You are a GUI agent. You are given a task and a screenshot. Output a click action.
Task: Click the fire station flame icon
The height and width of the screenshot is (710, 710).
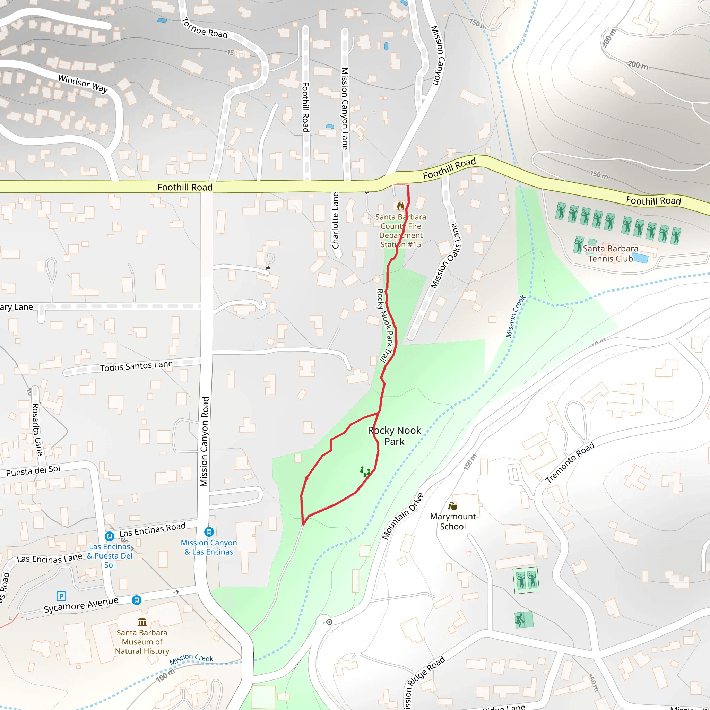click(400, 206)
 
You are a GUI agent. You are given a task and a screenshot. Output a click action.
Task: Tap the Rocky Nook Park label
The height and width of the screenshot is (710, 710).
click(394, 436)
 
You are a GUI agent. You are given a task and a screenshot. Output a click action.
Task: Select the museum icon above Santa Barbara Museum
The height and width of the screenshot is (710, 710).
click(142, 622)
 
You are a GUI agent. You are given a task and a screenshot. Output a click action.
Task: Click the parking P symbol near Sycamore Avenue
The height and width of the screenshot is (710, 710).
click(61, 596)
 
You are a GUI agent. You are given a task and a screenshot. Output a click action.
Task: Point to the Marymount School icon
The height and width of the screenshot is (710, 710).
click(453, 506)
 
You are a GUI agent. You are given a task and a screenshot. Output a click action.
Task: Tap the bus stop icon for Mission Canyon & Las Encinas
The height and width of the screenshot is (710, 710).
click(209, 532)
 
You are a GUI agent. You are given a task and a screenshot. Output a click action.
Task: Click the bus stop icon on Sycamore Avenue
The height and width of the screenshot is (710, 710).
click(136, 600)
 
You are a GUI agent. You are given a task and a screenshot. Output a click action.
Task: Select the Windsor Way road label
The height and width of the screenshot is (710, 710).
click(83, 84)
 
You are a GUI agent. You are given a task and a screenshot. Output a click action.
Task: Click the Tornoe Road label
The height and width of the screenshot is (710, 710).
click(205, 28)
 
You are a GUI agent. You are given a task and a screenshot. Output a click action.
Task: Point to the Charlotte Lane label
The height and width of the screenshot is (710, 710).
click(335, 220)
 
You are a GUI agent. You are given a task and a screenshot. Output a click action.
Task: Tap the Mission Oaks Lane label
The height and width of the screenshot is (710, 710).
click(445, 256)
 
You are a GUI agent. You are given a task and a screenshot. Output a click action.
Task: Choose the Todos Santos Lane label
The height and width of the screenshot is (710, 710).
click(136, 366)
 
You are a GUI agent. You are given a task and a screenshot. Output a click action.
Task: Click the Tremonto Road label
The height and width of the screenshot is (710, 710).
click(570, 462)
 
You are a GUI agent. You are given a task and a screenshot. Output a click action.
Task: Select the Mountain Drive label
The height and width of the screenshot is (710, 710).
click(403, 516)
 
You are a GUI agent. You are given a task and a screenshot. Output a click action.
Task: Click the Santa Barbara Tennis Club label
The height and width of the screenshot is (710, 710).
click(611, 253)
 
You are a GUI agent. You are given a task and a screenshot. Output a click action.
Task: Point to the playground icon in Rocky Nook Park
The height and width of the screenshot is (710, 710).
click(365, 471)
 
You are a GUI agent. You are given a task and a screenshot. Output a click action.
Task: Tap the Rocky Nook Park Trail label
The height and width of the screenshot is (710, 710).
click(386, 326)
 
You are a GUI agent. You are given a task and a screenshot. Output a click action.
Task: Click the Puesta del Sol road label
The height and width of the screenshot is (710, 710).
click(33, 471)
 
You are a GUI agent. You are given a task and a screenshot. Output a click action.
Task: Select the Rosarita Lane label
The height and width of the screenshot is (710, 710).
click(37, 429)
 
